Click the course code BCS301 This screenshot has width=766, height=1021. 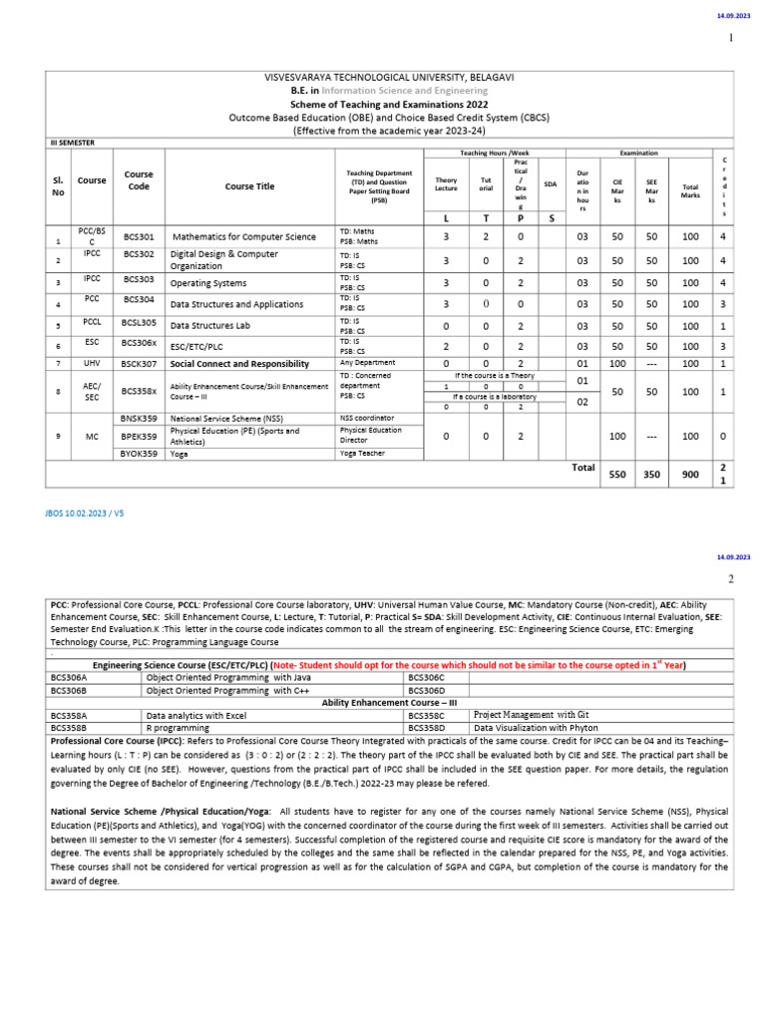tap(139, 237)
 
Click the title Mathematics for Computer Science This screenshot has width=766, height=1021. tap(243, 237)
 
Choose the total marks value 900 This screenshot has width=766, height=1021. tap(690, 476)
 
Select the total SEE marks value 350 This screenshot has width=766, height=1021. tap(652, 476)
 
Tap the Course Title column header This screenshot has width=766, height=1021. tap(249, 185)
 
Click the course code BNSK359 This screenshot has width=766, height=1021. tap(139, 418)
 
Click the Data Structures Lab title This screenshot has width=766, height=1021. tap(209, 325)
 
